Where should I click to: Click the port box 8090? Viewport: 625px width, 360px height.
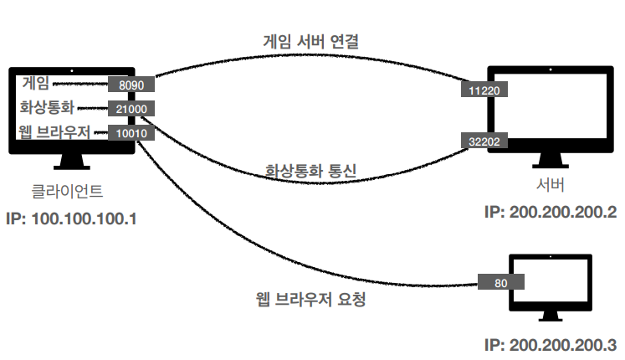coord(131,85)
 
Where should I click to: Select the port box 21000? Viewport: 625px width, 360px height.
coord(131,109)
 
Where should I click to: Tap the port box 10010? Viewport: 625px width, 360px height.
coord(131,132)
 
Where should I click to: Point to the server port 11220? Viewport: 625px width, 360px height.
coord(481,87)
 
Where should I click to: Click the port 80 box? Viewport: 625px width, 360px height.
coord(500,283)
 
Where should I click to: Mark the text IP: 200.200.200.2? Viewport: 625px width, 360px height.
coord(550,212)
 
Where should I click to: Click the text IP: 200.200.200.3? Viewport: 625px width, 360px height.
coord(550,344)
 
